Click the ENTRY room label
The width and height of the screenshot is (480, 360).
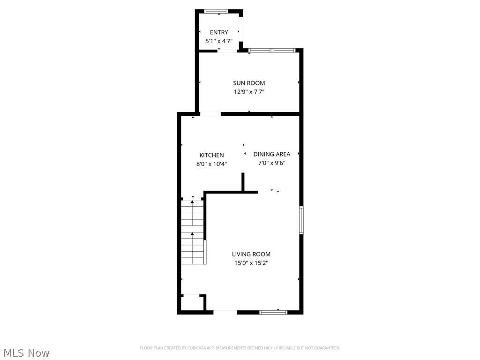coord(219,32)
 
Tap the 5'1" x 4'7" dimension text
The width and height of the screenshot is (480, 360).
coord(219,41)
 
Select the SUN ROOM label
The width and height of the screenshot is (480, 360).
coord(249,83)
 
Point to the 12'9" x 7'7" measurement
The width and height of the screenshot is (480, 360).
coord(249,92)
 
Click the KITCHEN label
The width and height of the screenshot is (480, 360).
coord(211,155)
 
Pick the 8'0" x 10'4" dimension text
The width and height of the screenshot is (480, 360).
coord(211,164)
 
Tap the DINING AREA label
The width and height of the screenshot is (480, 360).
coord(272,154)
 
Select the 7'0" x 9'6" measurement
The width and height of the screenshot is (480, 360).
coord(272,163)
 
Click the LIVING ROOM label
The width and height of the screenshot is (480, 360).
coord(251,254)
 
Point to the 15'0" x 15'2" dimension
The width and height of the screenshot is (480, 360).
coord(251,263)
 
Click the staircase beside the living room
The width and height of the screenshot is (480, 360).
coord(193,232)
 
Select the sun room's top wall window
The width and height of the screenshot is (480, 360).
coord(272,50)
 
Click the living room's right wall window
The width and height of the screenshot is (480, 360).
coord(301,220)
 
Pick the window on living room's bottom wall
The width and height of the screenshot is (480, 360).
coord(273,312)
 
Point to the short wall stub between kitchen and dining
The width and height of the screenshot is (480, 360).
coord(243,182)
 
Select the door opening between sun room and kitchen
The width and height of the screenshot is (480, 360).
coord(210,114)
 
